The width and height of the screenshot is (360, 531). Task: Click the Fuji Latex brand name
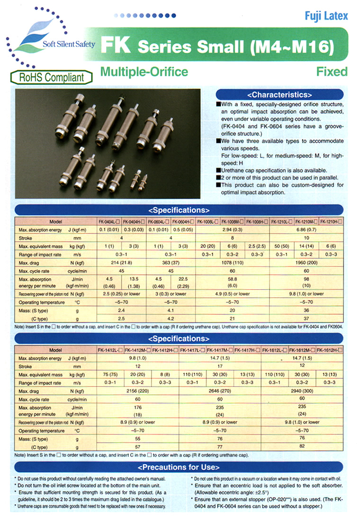click(x=326, y=16)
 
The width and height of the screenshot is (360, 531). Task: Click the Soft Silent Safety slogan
click(x=69, y=44)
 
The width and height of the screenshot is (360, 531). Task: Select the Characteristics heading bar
click(x=279, y=94)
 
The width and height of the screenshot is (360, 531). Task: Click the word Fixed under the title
click(x=332, y=72)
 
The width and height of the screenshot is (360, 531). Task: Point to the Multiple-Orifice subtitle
click(x=144, y=72)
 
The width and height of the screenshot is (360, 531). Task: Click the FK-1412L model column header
click(x=109, y=350)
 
